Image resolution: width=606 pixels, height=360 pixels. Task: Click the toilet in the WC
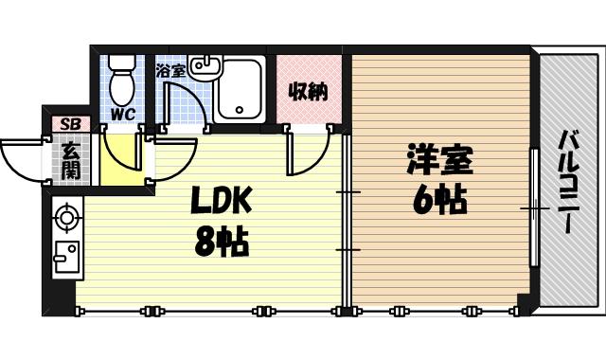(x=121, y=81)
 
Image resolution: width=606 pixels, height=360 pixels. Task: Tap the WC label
(x=123, y=115)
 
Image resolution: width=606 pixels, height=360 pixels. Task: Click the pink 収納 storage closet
(x=308, y=92)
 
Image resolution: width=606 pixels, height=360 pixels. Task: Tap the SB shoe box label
(x=69, y=124)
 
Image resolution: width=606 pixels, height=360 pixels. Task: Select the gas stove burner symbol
(x=65, y=217)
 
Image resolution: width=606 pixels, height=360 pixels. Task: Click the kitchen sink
(x=65, y=255)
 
